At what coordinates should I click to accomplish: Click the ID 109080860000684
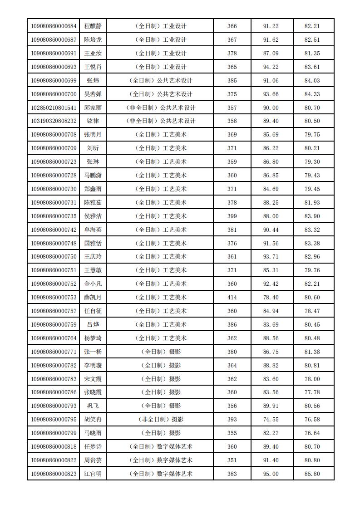[x=54, y=26]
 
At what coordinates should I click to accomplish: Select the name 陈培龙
[x=93, y=40]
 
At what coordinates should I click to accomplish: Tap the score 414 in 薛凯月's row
[x=232, y=298]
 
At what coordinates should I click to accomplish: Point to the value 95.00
[x=271, y=474]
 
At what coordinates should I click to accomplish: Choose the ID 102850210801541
[x=54, y=108]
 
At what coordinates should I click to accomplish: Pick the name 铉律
[x=93, y=122]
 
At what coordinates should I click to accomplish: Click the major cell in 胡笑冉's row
[x=161, y=420]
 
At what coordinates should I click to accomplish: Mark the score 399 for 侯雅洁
[x=232, y=216]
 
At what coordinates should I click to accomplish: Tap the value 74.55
[x=271, y=420]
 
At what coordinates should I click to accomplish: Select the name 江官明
[x=93, y=474]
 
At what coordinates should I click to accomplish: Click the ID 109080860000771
[x=54, y=352]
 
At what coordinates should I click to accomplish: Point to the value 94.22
[x=271, y=67]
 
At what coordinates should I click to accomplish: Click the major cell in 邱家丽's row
[x=161, y=108]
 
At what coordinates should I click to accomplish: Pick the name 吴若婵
[x=93, y=94]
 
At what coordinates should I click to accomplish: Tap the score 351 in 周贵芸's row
[x=232, y=460]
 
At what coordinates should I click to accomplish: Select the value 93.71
[x=271, y=257]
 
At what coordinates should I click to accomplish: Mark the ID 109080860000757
[x=54, y=311]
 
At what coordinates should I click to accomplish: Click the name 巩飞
[x=93, y=406]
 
